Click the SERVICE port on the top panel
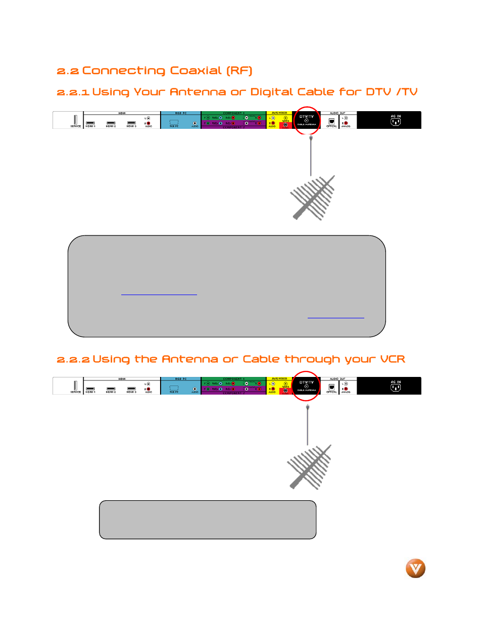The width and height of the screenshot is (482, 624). [x=75, y=120]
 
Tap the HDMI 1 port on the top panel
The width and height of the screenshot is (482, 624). [x=90, y=123]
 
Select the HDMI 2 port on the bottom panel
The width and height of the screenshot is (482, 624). [x=111, y=389]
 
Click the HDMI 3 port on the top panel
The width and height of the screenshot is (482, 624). [x=131, y=123]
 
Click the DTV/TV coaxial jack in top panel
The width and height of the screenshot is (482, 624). [x=307, y=121]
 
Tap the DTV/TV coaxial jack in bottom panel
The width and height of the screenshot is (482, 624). [x=307, y=387]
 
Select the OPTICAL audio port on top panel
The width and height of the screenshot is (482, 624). [x=331, y=121]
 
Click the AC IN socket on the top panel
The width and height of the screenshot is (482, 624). [x=396, y=121]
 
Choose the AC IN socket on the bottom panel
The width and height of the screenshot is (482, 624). [x=396, y=387]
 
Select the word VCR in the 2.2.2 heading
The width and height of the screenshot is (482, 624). [x=393, y=359]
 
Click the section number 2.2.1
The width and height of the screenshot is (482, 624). [x=73, y=92]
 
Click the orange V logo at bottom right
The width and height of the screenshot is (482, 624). [x=415, y=568]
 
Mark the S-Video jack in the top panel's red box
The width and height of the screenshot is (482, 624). [x=285, y=125]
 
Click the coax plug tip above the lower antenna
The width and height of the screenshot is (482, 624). [x=308, y=407]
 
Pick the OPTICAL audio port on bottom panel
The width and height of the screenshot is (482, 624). [x=331, y=387]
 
